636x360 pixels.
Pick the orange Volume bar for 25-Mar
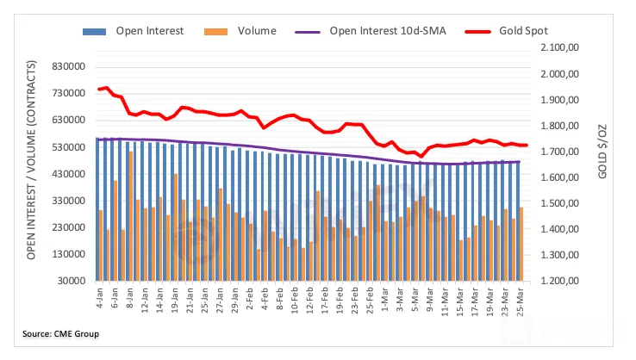pyautogui.click(x=521, y=244)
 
